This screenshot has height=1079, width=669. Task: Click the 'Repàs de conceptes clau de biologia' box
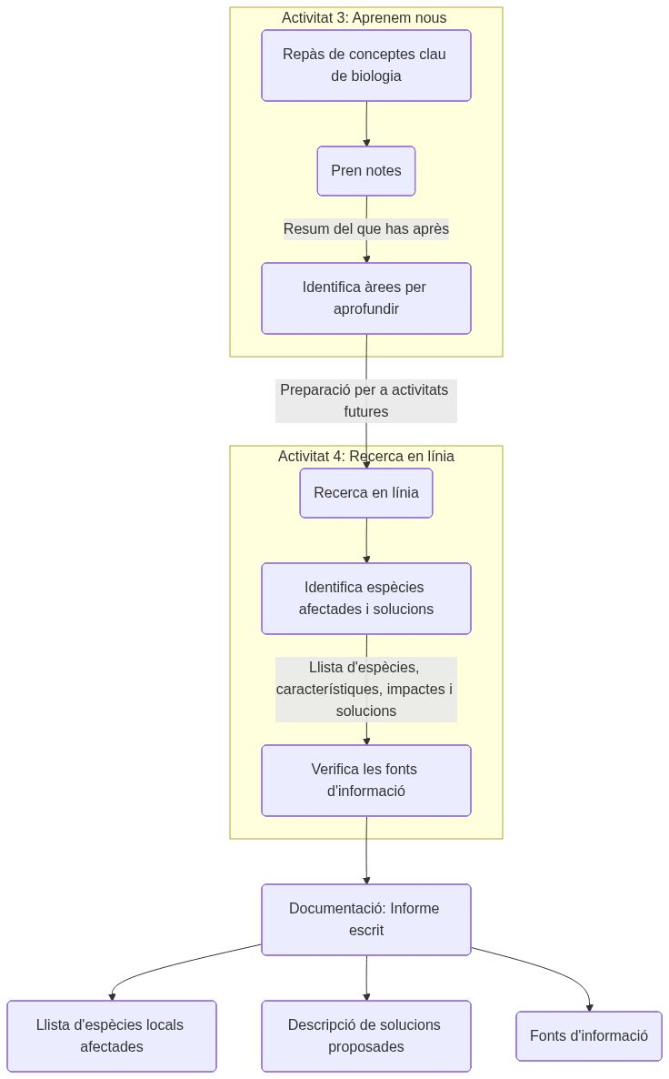[365, 66]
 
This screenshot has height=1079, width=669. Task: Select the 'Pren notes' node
[365, 171]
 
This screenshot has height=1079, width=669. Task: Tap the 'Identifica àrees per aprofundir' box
[365, 298]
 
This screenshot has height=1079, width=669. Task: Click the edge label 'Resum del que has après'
[365, 229]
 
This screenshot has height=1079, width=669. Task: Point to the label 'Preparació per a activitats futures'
[365, 400]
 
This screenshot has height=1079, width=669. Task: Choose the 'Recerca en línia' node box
[365, 494]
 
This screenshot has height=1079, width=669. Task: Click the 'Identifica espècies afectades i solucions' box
[365, 599]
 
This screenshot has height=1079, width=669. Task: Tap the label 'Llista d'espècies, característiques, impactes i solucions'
[365, 690]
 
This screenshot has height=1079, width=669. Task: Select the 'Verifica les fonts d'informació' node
[365, 781]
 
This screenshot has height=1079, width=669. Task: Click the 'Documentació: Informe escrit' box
[365, 920]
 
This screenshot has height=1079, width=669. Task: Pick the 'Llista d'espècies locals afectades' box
[111, 1036]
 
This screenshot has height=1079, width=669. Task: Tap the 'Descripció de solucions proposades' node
[365, 1036]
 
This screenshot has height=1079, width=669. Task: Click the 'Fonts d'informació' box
[588, 1036]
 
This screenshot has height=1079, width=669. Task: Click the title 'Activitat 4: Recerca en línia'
[365, 457]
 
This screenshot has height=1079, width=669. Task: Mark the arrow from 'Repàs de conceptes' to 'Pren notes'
[366, 124]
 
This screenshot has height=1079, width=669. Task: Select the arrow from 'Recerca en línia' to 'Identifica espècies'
[366, 540]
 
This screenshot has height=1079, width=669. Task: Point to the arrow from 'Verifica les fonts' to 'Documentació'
[366, 851]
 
